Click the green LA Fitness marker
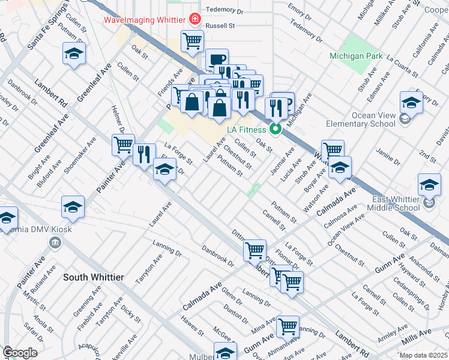click(276, 129)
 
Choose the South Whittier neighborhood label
click(94, 277)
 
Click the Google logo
click(20, 353)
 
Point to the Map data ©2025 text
click(423, 355)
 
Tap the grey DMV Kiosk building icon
click(55, 242)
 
